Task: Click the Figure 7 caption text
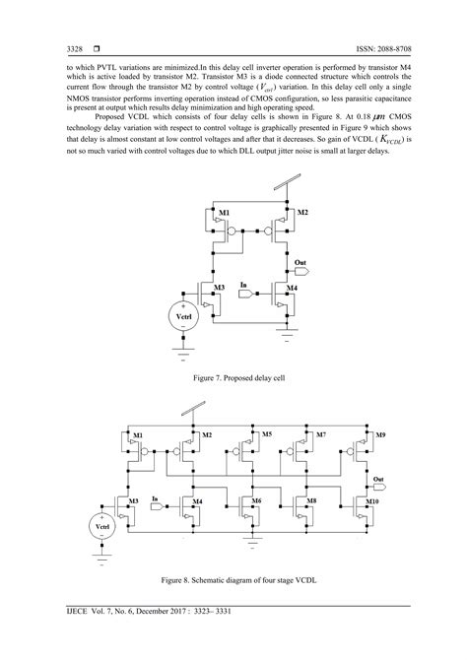(233, 376)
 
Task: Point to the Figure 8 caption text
(233, 582)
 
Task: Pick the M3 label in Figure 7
(223, 286)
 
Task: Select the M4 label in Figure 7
(292, 288)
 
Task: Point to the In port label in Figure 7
(244, 285)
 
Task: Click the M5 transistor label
(265, 433)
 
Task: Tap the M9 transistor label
(381, 434)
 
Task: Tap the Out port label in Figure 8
(378, 480)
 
